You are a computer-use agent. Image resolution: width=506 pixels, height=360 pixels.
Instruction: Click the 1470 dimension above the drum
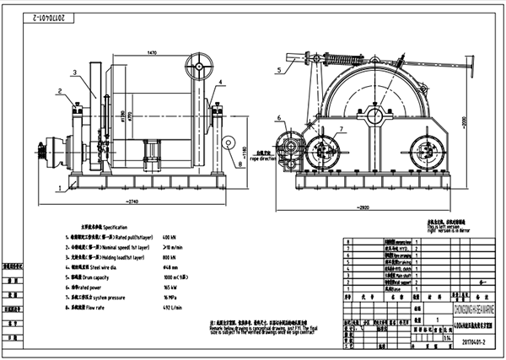click(152, 53)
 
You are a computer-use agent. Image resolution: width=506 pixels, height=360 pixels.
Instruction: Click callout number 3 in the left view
click(73, 73)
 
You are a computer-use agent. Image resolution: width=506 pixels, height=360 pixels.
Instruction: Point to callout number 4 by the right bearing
click(221, 82)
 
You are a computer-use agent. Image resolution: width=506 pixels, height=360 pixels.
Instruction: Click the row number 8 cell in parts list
click(347, 244)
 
